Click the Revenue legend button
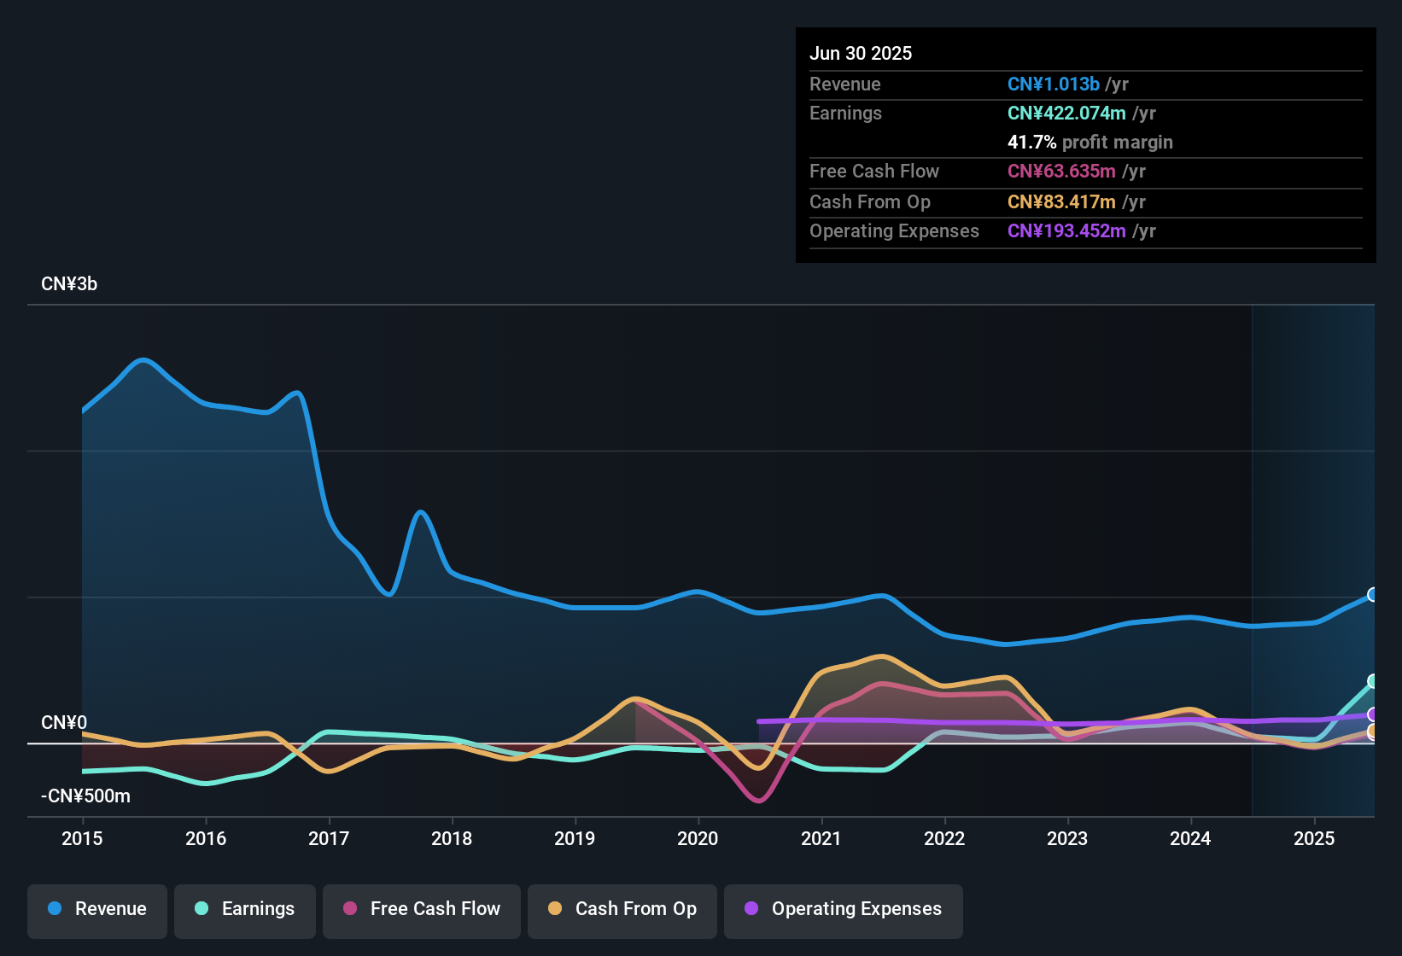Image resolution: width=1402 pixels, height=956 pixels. coord(97,909)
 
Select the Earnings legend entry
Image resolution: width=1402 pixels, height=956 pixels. coord(245,909)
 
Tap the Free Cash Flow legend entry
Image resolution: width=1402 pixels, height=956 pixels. coord(422,909)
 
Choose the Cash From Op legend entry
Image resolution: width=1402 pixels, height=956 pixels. coord(622,909)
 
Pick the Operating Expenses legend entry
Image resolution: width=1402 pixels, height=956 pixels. coord(844,909)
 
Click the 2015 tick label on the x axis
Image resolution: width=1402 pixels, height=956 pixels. coord(82,838)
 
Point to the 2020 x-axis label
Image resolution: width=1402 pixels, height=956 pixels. coord(698,838)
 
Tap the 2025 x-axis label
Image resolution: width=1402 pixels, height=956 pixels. coord(1314,838)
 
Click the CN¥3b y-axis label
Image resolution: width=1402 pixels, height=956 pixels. coord(69,284)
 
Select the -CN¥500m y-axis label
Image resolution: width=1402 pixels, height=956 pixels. coord(85,796)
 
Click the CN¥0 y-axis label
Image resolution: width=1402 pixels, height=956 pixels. coord(64,723)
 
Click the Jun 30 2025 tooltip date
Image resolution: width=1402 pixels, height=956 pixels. coord(861,54)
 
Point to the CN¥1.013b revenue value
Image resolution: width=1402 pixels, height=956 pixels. coord(1054,85)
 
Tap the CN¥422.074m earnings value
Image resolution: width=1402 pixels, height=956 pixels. coord(1066,114)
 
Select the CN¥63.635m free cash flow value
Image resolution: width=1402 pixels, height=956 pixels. coord(1061,172)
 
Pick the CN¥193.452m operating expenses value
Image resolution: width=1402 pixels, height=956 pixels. coord(1066,231)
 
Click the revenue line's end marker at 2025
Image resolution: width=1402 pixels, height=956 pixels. coord(1373,595)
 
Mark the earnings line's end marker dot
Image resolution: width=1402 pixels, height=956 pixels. coord(1373,681)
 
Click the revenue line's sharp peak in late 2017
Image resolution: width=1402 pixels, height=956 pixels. coord(420,513)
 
